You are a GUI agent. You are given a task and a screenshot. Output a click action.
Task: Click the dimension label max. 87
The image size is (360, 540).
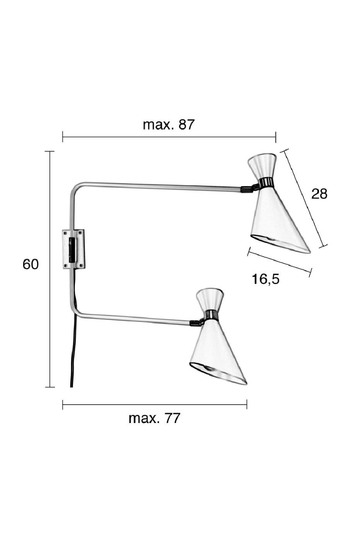[168, 125]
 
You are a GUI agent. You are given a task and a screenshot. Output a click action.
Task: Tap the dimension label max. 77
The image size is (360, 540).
[154, 418]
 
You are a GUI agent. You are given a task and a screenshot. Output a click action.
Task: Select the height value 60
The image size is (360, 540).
[31, 265]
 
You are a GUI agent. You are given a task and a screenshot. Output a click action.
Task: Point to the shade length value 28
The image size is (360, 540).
[319, 194]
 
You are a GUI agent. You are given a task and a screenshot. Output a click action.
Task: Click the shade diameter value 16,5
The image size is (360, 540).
[265, 279]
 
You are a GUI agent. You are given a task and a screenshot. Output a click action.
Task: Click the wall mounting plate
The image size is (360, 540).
[73, 249]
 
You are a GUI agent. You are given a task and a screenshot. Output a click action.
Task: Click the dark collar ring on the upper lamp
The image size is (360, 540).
[266, 183]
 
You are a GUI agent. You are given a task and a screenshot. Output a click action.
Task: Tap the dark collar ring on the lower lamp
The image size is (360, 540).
[211, 315]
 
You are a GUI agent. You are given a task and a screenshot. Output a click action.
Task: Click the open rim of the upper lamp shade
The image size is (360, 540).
[280, 244]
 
